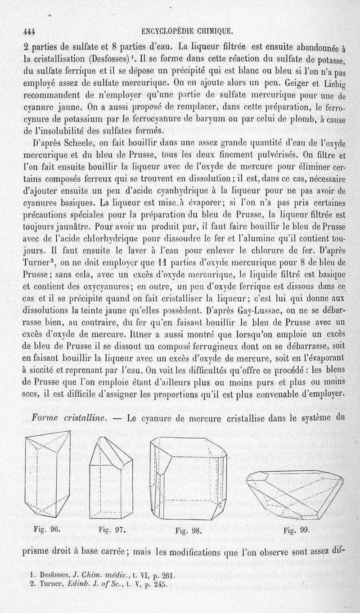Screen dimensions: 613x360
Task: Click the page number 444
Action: click(29, 31)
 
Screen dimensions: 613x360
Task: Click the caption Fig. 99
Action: click(295, 530)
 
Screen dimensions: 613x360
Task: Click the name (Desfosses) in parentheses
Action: click(112, 59)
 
